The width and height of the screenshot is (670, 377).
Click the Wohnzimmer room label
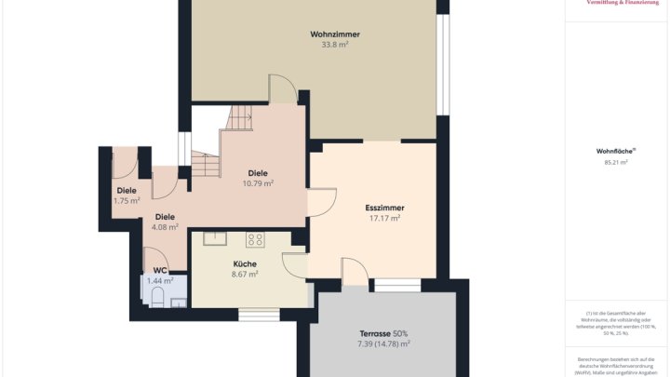(x=335, y=34)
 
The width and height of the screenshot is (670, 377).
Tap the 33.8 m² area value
(x=335, y=45)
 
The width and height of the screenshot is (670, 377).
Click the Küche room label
(x=245, y=263)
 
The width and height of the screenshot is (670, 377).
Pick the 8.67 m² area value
(x=245, y=274)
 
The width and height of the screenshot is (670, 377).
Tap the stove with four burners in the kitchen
(x=254, y=240)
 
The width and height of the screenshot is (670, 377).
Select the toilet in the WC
(x=156, y=298)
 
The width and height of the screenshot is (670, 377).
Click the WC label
(x=160, y=271)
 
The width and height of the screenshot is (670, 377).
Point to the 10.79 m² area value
(x=258, y=183)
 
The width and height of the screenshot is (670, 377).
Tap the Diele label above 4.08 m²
(x=165, y=217)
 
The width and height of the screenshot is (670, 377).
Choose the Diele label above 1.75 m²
(x=127, y=191)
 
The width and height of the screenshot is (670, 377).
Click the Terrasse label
(x=376, y=334)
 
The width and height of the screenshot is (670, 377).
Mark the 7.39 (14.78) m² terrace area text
(x=382, y=344)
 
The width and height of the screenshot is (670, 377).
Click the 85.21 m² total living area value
(x=616, y=162)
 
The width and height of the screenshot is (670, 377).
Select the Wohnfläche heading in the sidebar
(x=615, y=151)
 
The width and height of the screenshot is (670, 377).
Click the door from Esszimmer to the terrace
(x=355, y=272)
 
